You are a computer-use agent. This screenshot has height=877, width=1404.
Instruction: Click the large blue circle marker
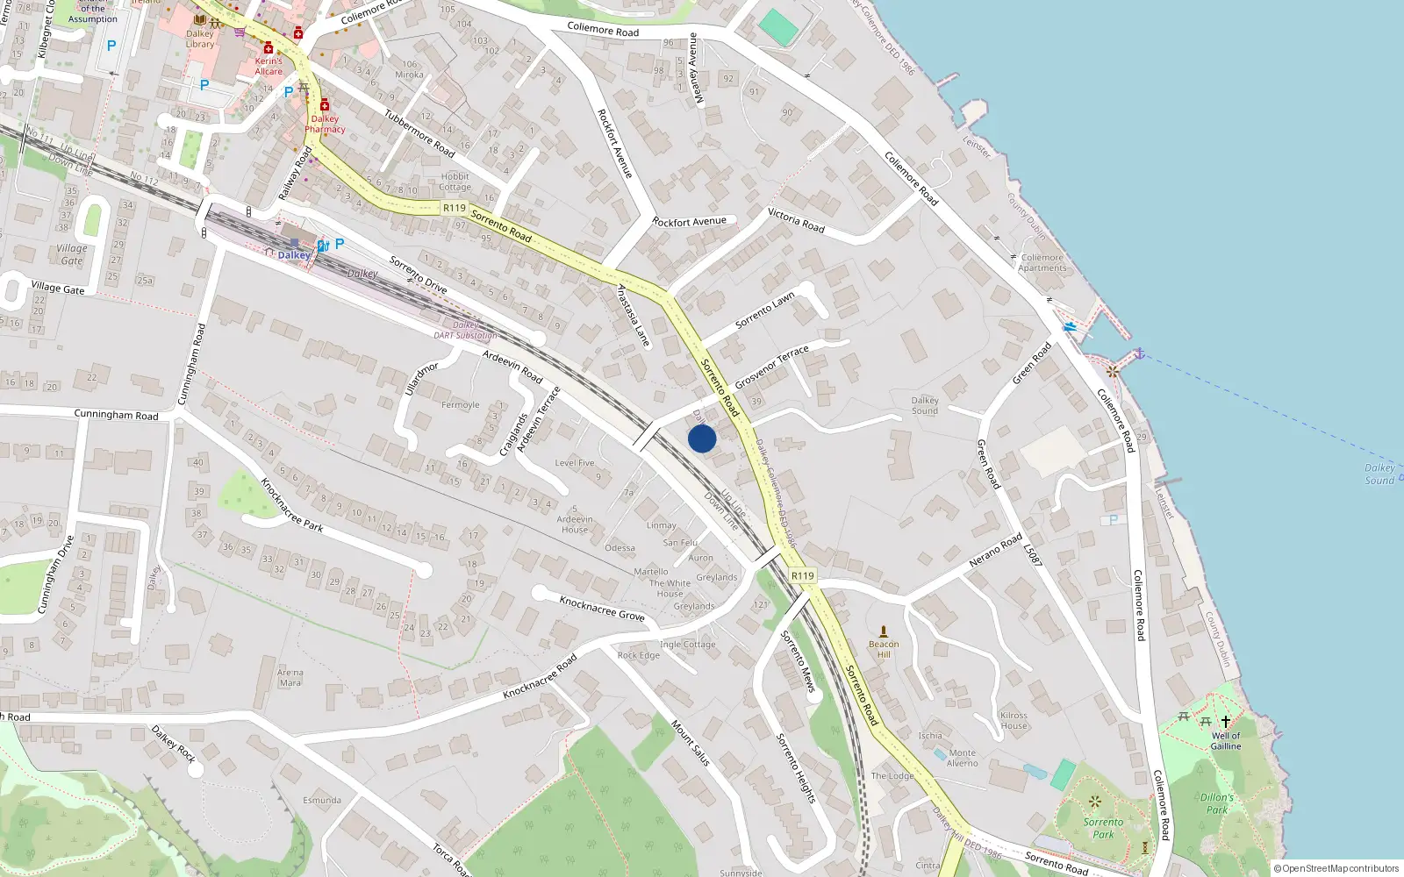702,438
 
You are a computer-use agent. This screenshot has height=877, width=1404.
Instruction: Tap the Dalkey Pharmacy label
325,124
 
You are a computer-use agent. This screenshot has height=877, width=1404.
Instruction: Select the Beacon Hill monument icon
884,631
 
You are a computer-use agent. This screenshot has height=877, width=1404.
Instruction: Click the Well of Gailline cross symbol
1226,722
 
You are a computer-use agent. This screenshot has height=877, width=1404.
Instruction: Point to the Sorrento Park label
1103,828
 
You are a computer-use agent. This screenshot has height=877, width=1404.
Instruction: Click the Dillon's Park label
1217,803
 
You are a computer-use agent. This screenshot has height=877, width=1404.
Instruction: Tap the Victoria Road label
796,220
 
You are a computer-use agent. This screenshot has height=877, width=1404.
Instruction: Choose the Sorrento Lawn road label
764,310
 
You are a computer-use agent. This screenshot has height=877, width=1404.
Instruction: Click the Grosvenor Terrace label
771,367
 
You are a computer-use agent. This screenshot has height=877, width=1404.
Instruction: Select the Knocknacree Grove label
602,608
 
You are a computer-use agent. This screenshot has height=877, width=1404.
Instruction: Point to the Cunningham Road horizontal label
116,415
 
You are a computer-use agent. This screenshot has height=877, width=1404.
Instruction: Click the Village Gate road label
58,288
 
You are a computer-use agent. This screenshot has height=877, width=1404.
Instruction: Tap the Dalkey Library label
200,39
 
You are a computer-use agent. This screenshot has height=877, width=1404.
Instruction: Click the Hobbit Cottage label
455,182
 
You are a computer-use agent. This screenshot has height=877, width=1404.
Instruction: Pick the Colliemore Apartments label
1042,263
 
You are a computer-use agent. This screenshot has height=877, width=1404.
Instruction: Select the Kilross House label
1014,720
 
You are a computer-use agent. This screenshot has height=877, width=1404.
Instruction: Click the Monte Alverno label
963,758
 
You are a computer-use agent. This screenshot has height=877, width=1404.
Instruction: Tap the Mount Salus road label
691,743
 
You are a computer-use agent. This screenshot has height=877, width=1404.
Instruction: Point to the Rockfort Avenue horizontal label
690,222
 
